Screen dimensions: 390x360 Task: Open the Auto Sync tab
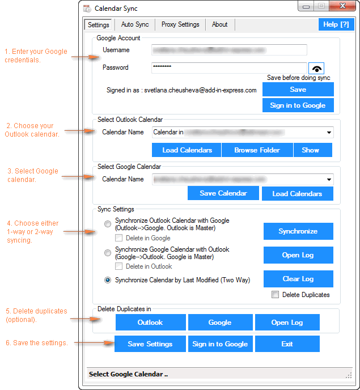135,24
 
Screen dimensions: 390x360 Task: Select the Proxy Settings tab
180,24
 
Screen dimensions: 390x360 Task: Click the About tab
219,24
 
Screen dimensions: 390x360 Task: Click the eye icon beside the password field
316,67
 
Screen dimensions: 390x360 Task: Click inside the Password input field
229,68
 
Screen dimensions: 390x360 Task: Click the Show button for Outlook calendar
310,150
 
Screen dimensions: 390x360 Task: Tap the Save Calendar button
223,193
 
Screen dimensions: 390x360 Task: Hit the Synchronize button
298,231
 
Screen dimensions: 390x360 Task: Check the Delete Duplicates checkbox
276,295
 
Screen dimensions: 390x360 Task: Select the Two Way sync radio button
108,279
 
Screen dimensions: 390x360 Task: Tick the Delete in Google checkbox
119,238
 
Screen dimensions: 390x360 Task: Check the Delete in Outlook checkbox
119,266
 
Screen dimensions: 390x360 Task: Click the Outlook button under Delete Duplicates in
150,323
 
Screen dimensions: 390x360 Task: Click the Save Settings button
150,344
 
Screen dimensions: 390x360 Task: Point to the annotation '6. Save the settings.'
37,343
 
